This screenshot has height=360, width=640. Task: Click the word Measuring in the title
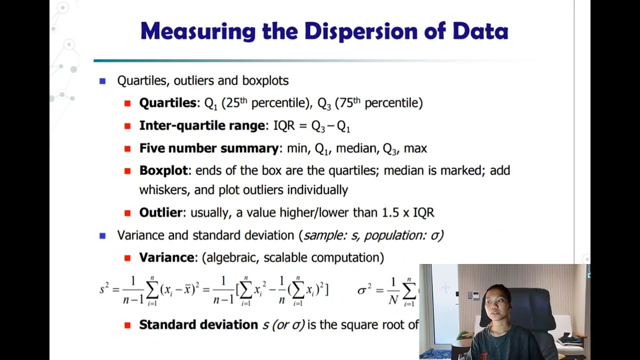coord(198,31)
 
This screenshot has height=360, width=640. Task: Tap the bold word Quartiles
coord(167,103)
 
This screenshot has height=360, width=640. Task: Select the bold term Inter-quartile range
coord(202,125)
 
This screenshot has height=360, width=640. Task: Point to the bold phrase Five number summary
coord(208,148)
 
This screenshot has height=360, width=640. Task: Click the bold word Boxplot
coord(163,170)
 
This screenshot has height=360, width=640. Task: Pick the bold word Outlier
coord(160,212)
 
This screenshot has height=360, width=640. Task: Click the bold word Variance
coord(166,257)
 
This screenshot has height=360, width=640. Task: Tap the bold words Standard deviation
coord(198,324)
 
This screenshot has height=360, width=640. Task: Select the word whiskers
coord(163,190)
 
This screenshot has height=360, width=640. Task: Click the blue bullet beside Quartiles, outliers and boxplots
coord(102,80)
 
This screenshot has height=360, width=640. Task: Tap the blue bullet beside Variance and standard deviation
coord(102,235)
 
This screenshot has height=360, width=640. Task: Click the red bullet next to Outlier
coord(127,212)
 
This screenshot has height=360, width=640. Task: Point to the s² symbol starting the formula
coord(103,288)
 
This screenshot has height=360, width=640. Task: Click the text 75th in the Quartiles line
coord(349,103)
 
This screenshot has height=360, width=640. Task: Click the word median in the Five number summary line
coord(356,148)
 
